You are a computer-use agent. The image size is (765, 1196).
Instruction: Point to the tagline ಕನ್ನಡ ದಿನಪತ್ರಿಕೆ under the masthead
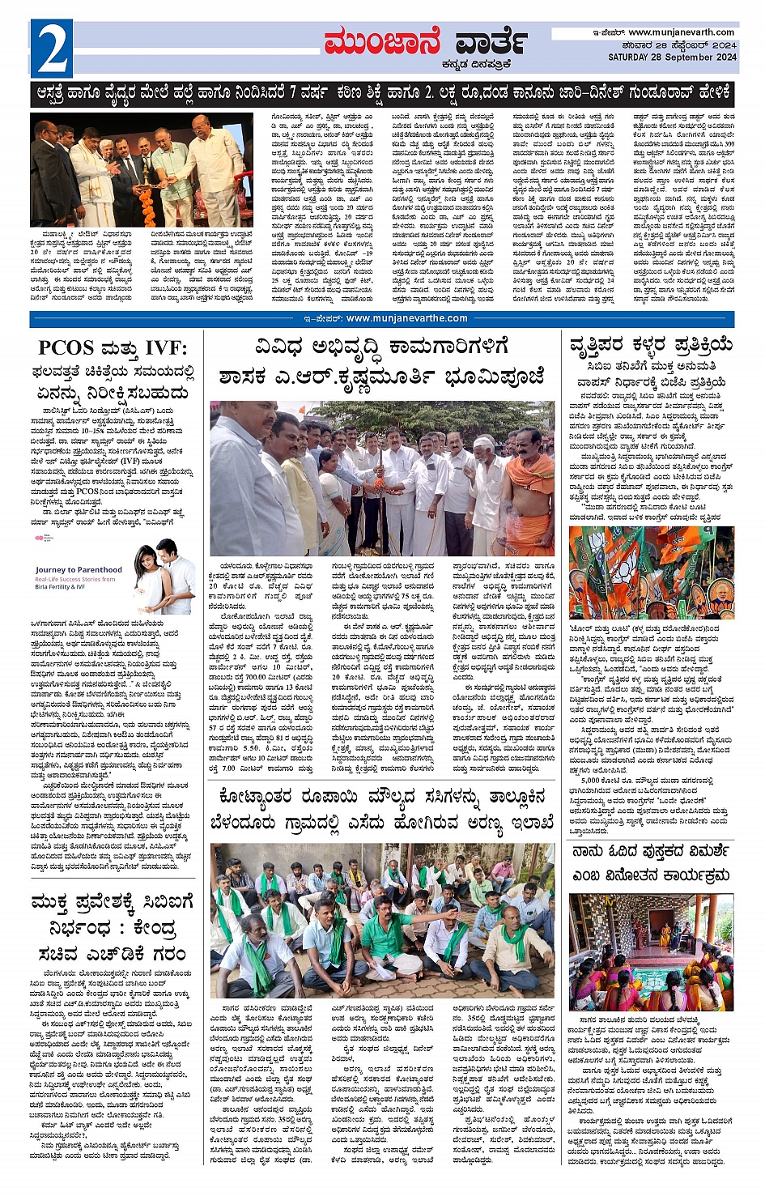(470, 65)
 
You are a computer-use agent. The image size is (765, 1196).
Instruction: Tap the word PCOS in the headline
(66, 348)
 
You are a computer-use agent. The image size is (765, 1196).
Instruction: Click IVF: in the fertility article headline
(166, 348)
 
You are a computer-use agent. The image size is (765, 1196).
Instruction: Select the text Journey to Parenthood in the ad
(79, 570)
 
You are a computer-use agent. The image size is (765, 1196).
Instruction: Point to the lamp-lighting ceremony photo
(130, 170)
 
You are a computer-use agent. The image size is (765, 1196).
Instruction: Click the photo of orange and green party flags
(651, 572)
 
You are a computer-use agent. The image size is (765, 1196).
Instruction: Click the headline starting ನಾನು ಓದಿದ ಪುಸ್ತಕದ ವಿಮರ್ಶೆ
(651, 851)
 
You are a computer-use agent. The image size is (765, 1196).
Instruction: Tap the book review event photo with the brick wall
(651, 951)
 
